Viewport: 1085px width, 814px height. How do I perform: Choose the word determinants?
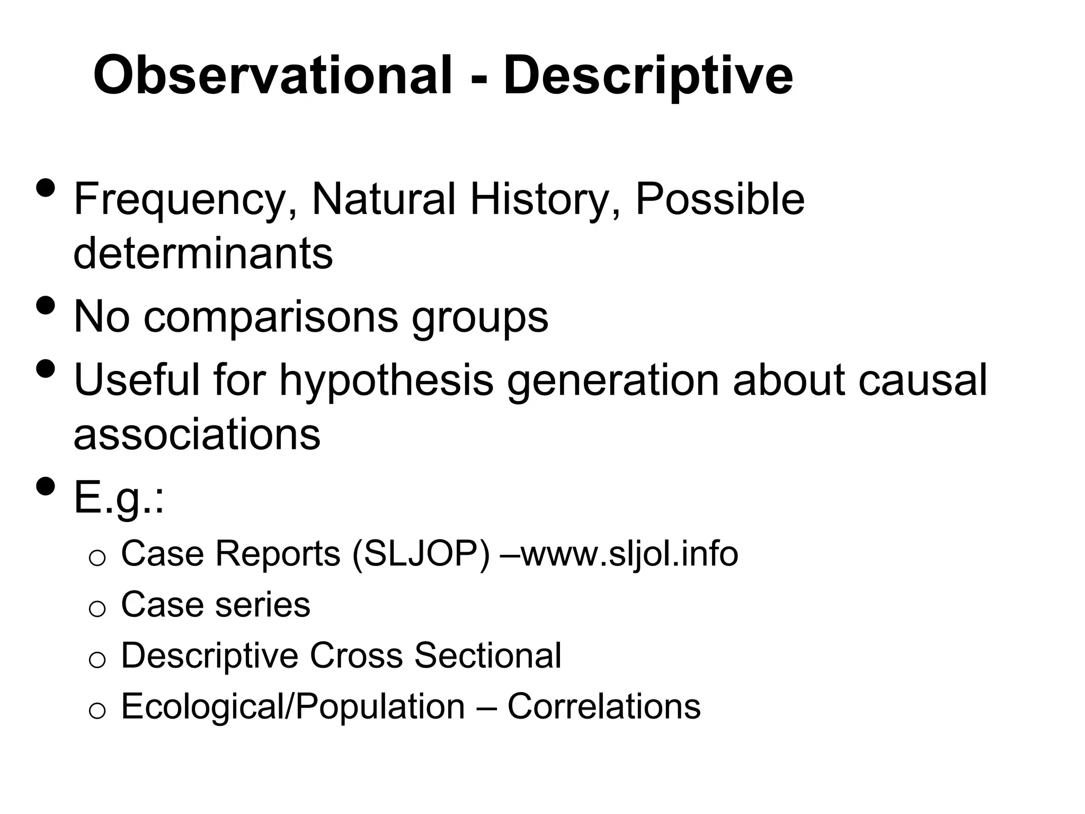[203, 253]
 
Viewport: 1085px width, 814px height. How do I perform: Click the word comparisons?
[270, 317]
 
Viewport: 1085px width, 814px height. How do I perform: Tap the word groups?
[480, 317]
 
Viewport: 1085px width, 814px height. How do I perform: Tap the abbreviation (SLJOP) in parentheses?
[421, 554]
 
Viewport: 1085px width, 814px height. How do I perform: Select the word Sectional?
[487, 656]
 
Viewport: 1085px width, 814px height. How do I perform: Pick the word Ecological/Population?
[293, 706]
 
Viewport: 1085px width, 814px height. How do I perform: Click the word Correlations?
[604, 706]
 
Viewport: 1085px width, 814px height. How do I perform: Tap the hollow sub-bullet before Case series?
[97, 609]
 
